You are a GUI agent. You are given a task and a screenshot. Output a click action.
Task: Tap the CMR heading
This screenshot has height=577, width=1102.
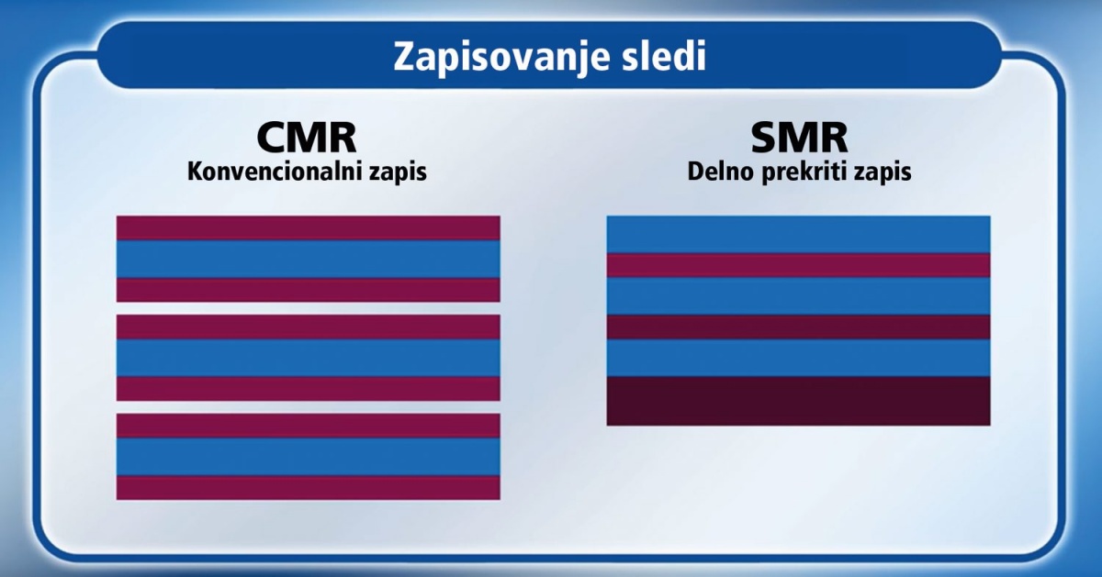307,139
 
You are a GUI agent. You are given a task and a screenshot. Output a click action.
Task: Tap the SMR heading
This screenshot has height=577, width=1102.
799,139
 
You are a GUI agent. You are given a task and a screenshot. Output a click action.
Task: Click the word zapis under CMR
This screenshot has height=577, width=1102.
399,173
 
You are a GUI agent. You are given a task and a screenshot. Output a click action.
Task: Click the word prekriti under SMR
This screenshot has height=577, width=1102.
806,173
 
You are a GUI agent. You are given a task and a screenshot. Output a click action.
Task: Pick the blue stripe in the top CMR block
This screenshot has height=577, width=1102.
308,259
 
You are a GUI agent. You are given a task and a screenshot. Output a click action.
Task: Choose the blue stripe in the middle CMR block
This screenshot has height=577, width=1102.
308,358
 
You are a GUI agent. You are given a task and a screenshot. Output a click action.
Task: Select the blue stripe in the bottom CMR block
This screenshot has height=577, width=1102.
308,457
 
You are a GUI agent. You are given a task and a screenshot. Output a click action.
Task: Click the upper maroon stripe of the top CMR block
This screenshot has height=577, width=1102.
308,228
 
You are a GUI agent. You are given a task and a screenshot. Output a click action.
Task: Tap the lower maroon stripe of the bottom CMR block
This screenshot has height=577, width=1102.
308,488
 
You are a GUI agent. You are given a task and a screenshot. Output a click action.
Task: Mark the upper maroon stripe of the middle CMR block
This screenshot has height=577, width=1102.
308,327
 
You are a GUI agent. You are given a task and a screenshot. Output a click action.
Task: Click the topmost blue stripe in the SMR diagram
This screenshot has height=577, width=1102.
798,235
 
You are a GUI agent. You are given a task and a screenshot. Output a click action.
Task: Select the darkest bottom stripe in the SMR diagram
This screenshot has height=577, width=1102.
798,401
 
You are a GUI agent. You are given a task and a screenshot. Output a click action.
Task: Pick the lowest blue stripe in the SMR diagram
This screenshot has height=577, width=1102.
798,358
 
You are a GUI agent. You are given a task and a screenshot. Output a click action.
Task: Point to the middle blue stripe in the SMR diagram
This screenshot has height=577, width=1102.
798,296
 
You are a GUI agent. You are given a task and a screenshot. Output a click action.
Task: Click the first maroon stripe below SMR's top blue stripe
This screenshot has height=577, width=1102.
798,265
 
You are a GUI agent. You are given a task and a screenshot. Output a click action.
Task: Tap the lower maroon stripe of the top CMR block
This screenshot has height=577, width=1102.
308,290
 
